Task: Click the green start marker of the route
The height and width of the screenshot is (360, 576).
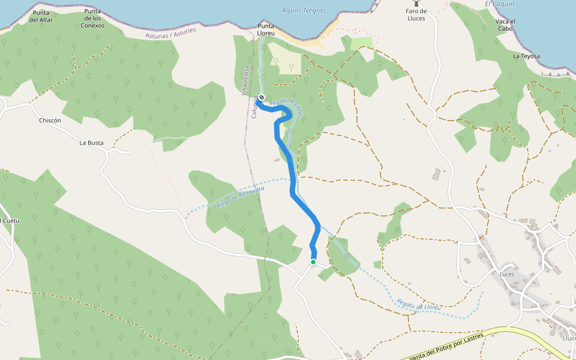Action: (313, 262)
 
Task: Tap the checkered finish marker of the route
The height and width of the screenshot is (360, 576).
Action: (262, 97)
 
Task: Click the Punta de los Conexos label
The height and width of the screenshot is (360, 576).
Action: (93, 19)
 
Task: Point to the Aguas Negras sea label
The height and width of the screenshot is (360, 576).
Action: (304, 10)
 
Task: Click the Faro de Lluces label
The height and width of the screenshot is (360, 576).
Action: (415, 14)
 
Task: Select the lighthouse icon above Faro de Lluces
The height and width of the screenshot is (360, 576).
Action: (415, 4)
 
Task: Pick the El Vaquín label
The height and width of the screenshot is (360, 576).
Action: (499, 4)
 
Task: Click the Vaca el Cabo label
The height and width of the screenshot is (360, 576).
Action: (505, 25)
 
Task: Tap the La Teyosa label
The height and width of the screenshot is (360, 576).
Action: (526, 56)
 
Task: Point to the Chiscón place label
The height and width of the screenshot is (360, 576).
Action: (50, 120)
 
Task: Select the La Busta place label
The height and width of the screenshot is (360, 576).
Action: (91, 143)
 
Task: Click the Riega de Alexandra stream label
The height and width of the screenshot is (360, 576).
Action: (241, 196)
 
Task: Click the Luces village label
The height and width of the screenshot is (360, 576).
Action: (507, 274)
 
